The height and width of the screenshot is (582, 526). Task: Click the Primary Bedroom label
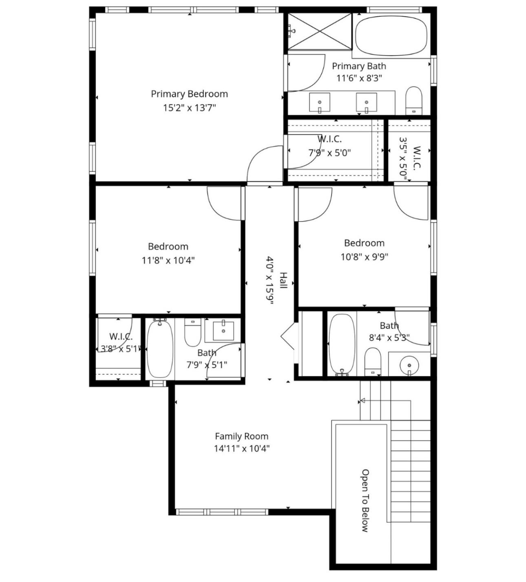189,94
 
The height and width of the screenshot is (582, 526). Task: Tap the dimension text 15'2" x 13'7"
189,108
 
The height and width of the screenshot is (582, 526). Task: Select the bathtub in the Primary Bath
391,36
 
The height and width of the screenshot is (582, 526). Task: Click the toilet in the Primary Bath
414,101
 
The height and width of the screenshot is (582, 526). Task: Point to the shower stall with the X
320,31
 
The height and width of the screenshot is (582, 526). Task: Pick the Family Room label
241,436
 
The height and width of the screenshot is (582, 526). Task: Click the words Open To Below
365,500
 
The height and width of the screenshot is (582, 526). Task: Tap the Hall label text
283,280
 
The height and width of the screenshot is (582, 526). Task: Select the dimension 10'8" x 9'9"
364,257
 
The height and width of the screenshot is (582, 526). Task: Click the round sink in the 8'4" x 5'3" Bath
409,365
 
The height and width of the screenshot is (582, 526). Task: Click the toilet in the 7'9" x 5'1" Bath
193,333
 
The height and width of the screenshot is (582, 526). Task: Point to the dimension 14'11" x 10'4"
241,449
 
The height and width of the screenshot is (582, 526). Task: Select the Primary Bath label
359,66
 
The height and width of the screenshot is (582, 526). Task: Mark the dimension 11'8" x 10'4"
168,260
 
